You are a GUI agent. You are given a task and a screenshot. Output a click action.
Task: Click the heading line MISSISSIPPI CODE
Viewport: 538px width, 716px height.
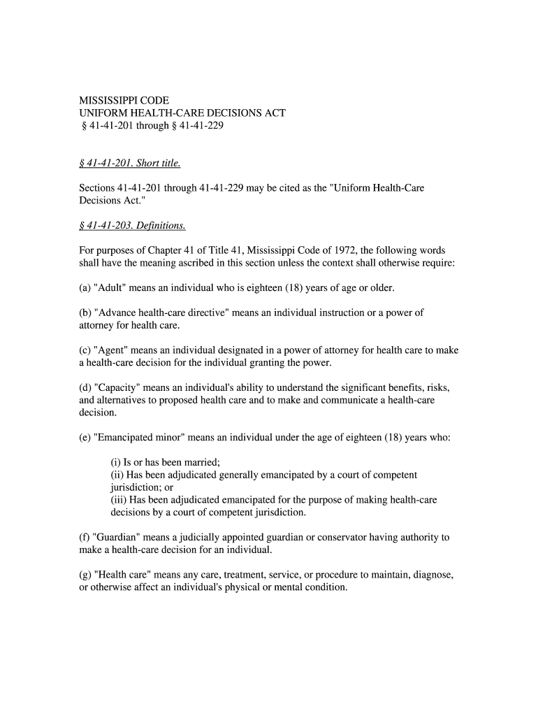tap(123, 101)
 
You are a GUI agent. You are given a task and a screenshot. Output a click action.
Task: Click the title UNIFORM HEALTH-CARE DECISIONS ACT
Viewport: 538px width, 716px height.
tap(182, 113)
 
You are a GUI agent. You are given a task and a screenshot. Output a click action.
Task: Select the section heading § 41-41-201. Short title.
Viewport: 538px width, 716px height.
tap(129, 164)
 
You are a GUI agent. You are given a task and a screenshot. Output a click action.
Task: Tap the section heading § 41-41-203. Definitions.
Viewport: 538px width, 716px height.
tap(132, 226)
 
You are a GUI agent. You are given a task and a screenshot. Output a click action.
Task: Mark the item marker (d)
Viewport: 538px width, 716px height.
tap(85, 388)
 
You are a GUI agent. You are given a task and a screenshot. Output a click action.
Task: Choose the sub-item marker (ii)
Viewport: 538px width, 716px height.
tap(119, 475)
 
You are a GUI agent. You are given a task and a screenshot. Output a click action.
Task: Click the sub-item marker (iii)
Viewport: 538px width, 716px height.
tap(120, 500)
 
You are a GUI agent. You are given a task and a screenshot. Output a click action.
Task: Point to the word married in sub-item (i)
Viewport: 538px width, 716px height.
tap(201, 462)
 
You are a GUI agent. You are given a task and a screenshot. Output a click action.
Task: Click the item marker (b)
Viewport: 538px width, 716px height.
tap(85, 313)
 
